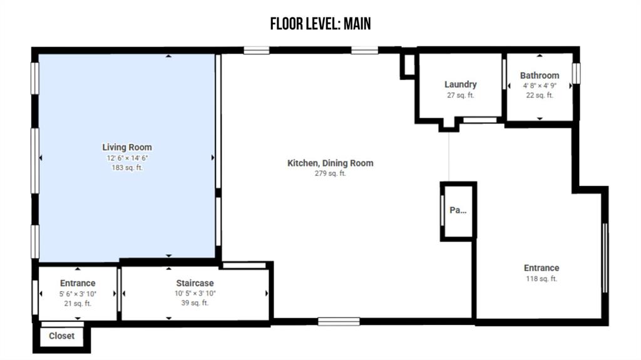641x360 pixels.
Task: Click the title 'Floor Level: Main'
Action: tap(320, 24)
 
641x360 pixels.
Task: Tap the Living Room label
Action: tap(126, 147)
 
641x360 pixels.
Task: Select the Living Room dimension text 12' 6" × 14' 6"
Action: tap(127, 158)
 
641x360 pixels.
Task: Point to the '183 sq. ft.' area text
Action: tap(127, 167)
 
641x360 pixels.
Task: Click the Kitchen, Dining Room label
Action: tap(331, 163)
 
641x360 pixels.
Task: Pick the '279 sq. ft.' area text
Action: tap(331, 173)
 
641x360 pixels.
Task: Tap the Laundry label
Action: tap(460, 85)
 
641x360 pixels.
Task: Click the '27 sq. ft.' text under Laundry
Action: tap(460, 95)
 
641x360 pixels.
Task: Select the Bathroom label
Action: tap(540, 75)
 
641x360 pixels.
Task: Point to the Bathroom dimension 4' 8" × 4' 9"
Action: tap(540, 86)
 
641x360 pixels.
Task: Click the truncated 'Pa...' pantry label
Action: tap(458, 210)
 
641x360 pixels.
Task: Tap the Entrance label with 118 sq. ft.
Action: tap(541, 268)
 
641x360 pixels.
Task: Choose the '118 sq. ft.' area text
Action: tap(541, 279)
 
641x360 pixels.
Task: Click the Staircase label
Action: tap(195, 283)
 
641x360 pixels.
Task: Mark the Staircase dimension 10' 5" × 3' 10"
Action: tap(195, 293)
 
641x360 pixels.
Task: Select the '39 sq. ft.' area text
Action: tap(195, 303)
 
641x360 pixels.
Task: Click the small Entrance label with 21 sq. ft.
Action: tap(78, 283)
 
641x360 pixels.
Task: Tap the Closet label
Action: tap(62, 336)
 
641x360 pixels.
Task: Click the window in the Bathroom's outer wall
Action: tap(576, 73)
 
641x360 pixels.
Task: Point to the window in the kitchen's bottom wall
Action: tap(339, 322)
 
